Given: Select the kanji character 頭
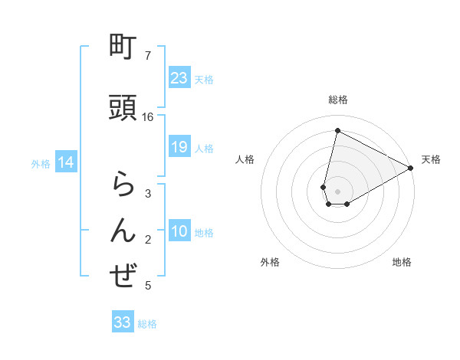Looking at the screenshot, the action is (123, 107).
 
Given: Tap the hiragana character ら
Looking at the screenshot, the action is (123, 186).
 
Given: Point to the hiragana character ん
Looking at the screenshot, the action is (123, 230).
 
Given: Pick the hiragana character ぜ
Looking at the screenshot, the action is (123, 277).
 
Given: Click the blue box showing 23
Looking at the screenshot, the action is (179, 78).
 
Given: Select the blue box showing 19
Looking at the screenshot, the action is (179, 147).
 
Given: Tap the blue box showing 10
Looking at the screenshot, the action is (179, 232).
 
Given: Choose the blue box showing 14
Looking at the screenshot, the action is (65, 162).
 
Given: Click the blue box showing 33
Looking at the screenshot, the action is (123, 322).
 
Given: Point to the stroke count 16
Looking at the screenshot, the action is (148, 117).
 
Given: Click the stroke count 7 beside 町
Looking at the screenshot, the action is (148, 56).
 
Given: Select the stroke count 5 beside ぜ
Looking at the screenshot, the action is (148, 286).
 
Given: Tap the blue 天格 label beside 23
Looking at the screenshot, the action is (204, 79).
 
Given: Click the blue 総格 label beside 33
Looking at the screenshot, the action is (147, 323).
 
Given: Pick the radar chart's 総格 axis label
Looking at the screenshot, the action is (338, 100).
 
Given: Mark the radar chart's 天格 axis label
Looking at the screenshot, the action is (431, 159).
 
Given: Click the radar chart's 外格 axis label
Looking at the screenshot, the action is (270, 262).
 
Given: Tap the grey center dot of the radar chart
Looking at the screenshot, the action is (338, 191).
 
